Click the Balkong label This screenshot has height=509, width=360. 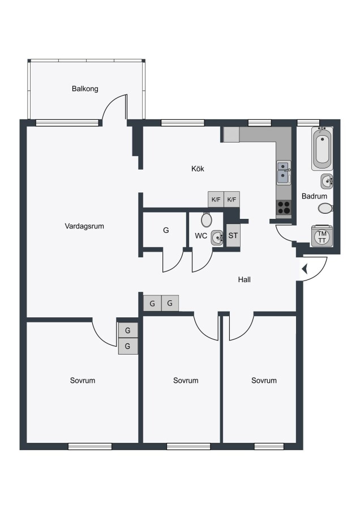pos(85,89)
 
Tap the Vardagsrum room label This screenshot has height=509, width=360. pos(84,226)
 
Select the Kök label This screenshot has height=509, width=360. pos(198,169)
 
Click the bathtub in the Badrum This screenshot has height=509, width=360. pos(322,149)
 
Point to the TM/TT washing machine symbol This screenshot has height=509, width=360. pos(322,236)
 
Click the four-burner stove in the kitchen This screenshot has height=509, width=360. pos(284,207)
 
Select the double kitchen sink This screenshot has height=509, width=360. pos(284,173)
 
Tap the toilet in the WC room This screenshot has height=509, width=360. pos(206,219)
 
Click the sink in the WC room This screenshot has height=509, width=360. pos(217,238)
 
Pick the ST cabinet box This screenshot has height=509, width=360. pos(233,235)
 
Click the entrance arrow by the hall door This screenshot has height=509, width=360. pos(305,269)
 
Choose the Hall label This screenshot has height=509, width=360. pos(245,279)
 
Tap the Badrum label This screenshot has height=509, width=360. pos(314,196)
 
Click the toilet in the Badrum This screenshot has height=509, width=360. pos(325,208)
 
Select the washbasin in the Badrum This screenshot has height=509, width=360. pos(327,181)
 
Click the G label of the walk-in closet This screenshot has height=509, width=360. pos(166,230)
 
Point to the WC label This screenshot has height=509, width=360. pos(201,236)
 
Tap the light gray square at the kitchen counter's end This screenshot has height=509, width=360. pos(232,135)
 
